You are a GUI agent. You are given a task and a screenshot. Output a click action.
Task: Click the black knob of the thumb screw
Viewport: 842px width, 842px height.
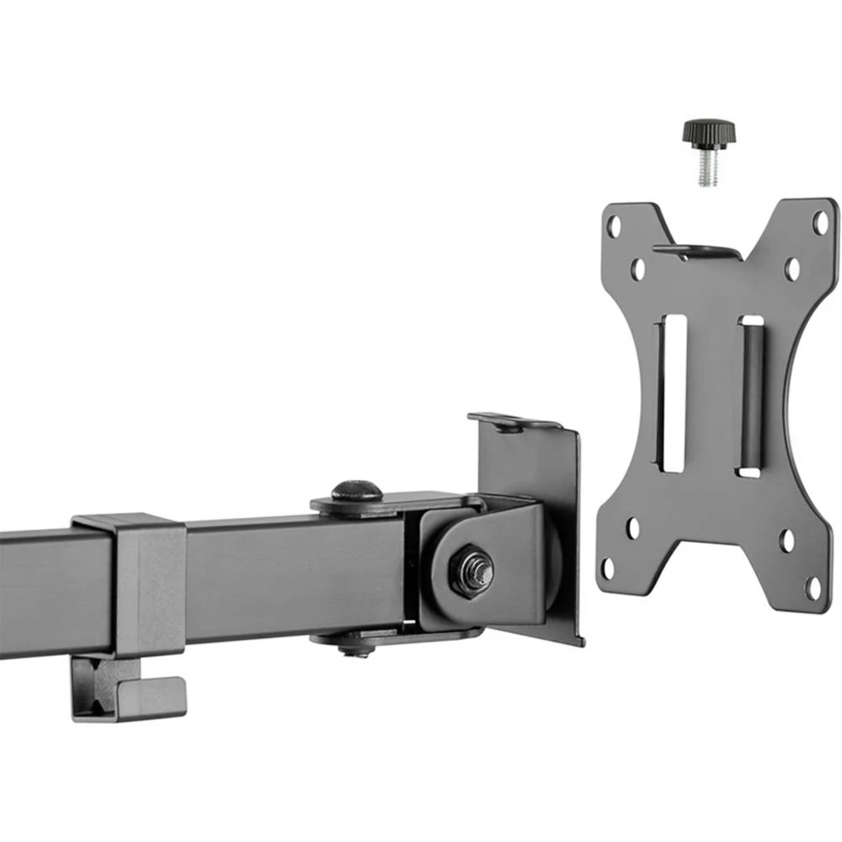pos(708,132)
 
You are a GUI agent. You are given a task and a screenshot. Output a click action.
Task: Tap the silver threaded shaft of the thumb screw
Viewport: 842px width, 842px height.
pos(707,168)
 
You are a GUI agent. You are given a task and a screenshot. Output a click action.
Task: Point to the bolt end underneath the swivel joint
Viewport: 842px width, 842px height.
pos(356,647)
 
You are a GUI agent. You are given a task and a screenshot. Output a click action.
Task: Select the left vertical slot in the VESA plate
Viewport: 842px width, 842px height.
pos(673,392)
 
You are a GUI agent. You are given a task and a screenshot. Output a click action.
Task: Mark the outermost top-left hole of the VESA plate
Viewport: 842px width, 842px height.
pos(614,225)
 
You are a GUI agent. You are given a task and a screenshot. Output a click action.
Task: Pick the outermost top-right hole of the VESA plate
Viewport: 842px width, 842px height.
pos(818,223)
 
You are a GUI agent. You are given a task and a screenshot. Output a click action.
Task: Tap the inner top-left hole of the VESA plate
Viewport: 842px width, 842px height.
pos(638,269)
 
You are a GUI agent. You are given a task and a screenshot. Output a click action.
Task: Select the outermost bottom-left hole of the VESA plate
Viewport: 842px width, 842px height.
pos(608,568)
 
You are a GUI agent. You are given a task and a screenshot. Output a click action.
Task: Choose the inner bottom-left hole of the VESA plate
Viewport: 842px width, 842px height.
pos(632,528)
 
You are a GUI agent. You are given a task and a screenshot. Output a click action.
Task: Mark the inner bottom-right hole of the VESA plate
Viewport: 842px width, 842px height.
pos(787,540)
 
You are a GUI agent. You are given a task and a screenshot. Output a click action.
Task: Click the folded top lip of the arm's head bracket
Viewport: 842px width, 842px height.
pos(514,422)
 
